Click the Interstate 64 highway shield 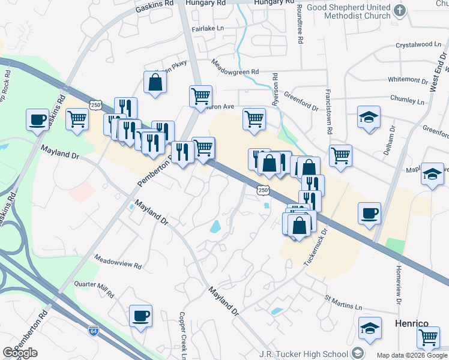tap(93, 331)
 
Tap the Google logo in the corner tap(20, 353)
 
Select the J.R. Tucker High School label tap(306, 353)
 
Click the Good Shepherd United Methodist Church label tap(348, 11)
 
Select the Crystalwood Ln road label tap(418, 44)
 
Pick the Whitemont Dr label tap(408, 79)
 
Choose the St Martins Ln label tap(343, 302)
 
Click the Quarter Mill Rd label tap(94, 289)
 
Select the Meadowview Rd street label tap(118, 261)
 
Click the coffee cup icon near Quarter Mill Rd tap(140, 316)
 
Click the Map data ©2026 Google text tap(411, 355)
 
